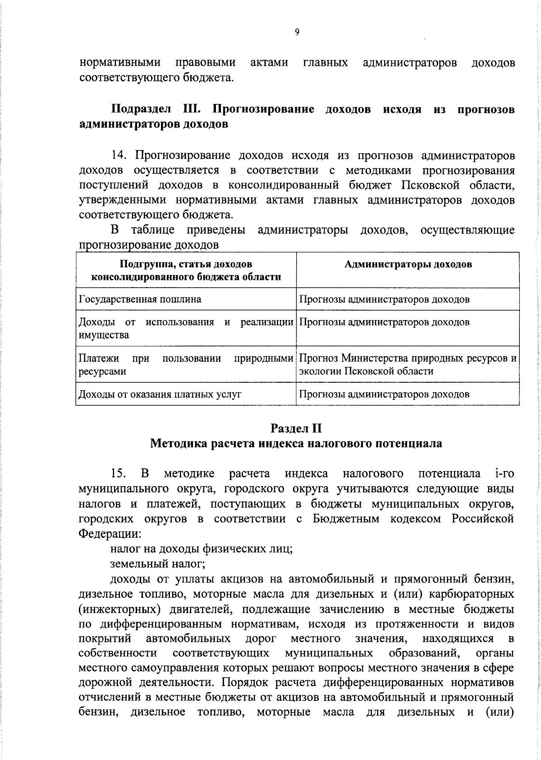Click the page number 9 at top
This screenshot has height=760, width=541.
click(x=296, y=32)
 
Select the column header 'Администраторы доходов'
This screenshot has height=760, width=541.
click(x=408, y=265)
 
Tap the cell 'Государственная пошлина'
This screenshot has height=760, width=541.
click(x=140, y=299)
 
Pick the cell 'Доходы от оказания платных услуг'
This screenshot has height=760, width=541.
click(x=160, y=394)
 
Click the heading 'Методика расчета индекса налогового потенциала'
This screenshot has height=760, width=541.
click(x=296, y=444)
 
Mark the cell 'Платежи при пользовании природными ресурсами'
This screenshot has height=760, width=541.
click(x=185, y=365)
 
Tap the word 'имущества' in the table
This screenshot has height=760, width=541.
click(x=104, y=335)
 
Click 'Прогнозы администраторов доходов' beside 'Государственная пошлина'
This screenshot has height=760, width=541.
click(x=385, y=299)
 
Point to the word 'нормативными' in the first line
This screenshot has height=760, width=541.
click(x=120, y=63)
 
